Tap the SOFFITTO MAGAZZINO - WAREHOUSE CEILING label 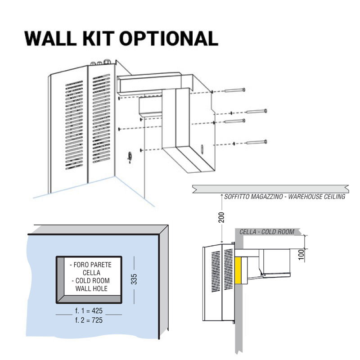(x=284, y=197)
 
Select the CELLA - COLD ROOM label (x=266, y=232)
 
